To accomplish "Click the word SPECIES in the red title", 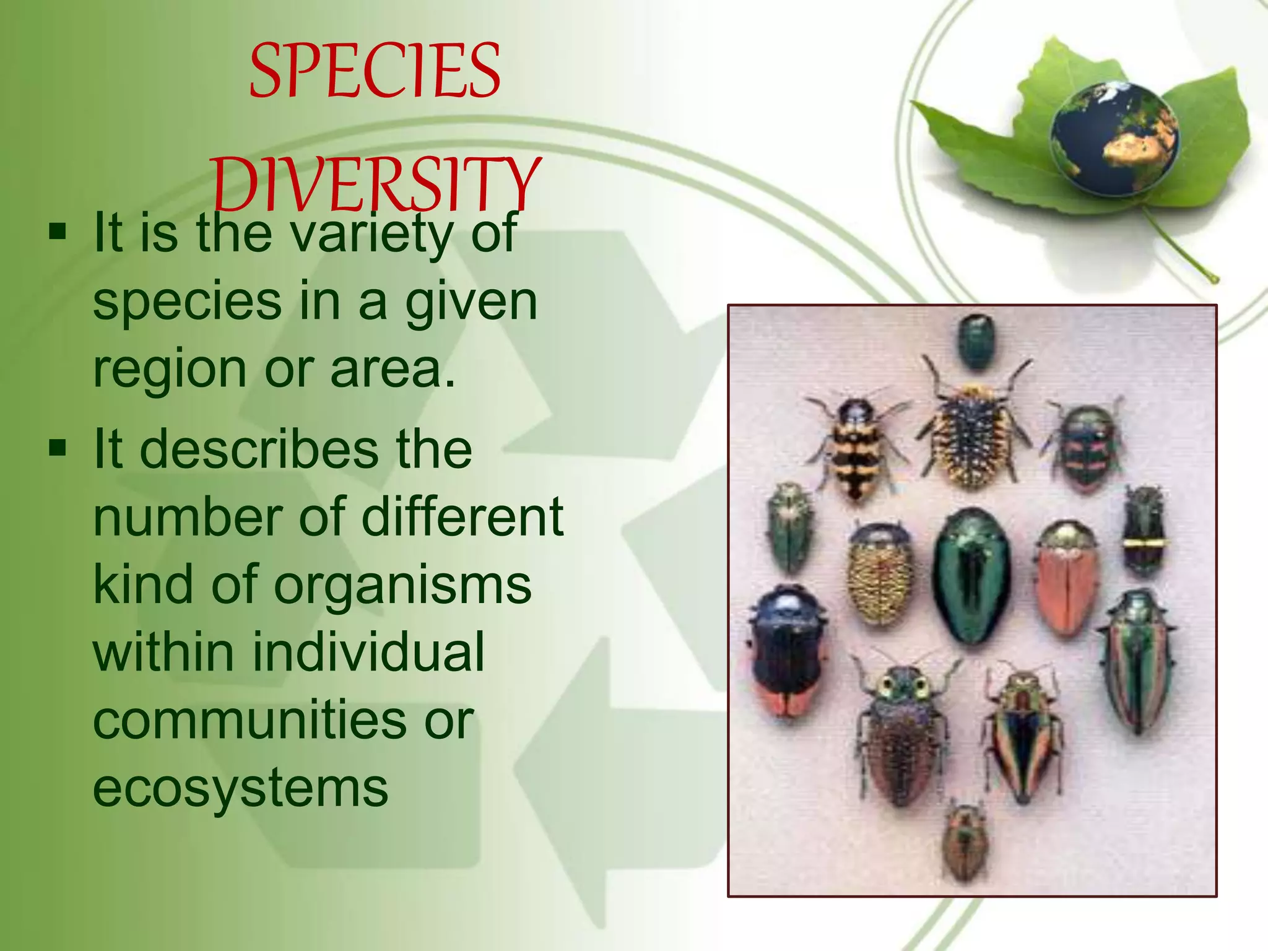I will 375,71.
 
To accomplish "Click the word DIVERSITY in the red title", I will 376,185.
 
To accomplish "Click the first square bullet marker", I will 58,233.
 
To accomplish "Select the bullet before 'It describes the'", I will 58,448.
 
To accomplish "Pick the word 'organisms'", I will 402,584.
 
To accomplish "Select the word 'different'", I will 462,516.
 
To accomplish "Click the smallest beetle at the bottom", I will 963,841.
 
